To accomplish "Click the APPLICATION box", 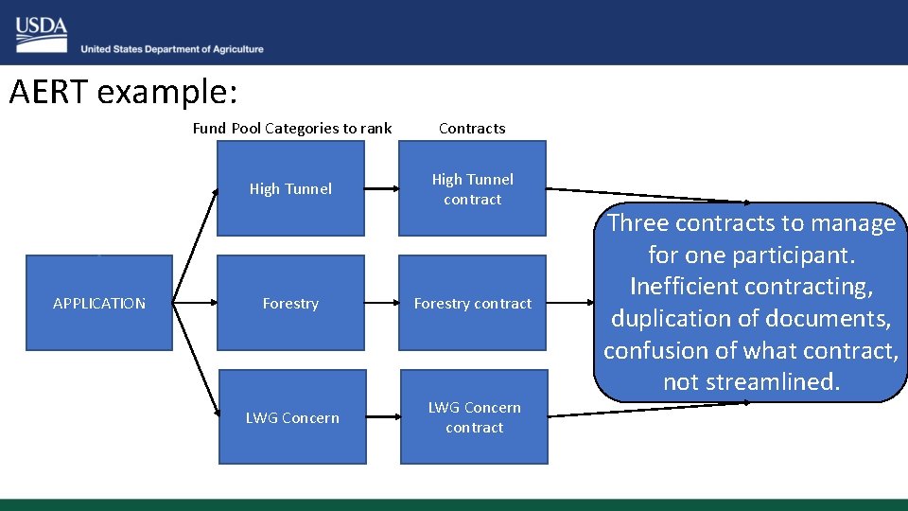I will (x=99, y=303).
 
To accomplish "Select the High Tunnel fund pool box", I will (x=290, y=188).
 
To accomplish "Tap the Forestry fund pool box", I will (x=290, y=303).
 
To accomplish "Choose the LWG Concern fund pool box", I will (x=292, y=417).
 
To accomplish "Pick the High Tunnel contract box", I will (x=472, y=188).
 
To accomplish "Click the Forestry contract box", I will (x=472, y=303).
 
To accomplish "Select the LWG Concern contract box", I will (x=474, y=417).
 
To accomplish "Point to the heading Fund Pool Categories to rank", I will (x=291, y=128).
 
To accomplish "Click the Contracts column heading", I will (x=472, y=128).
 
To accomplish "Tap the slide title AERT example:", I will (x=123, y=92).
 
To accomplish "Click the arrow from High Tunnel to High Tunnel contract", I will (x=381, y=189).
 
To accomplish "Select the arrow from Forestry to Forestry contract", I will (x=381, y=304).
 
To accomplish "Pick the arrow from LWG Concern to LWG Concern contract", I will (x=383, y=417).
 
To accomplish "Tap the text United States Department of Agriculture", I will (x=172, y=49).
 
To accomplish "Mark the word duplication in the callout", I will (x=671, y=318).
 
